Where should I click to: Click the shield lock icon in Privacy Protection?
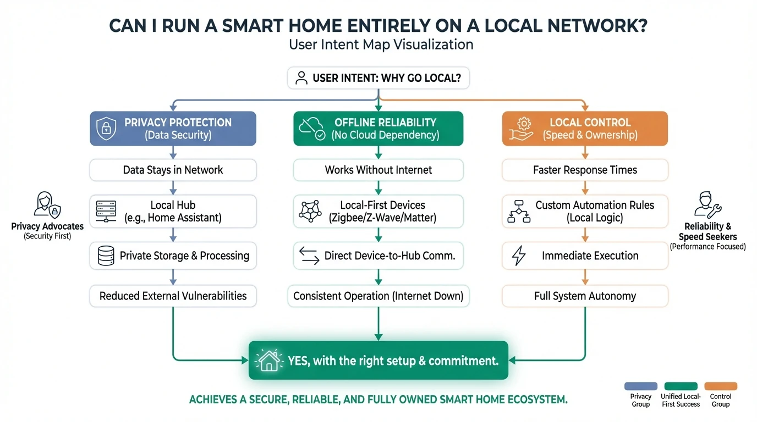(106, 129)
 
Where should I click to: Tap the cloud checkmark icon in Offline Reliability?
(311, 129)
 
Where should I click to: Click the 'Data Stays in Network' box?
(173, 170)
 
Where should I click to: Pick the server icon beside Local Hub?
(106, 212)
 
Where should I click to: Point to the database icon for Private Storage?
(106, 256)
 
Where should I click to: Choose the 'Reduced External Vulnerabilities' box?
(173, 296)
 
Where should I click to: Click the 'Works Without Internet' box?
(378, 170)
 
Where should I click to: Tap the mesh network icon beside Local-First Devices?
(310, 212)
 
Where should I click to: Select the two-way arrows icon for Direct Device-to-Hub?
(309, 256)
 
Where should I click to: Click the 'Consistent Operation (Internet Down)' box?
(378, 296)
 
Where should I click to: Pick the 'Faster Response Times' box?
(585, 170)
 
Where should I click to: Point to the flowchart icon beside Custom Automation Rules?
(518, 212)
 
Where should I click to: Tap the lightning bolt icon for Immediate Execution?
(519, 256)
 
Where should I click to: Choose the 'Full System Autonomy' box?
(585, 296)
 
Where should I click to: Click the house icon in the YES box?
(269, 360)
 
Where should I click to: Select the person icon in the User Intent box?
(301, 78)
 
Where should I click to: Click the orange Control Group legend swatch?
(720, 386)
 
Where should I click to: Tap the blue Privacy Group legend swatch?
(641, 386)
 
